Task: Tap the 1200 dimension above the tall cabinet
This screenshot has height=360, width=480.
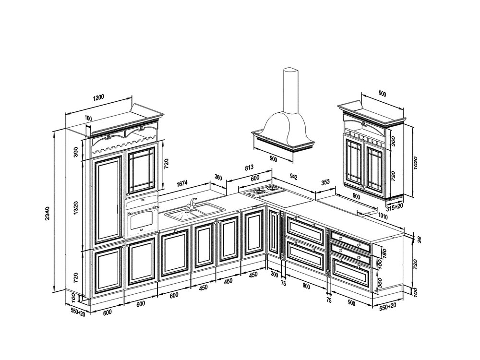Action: click(98, 97)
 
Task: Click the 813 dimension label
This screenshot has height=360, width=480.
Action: click(249, 168)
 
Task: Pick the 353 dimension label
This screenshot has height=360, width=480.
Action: click(325, 182)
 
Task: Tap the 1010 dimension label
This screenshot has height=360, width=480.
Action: click(383, 217)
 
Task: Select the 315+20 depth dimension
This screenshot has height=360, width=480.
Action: click(394, 207)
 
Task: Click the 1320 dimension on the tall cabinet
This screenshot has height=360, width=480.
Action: click(76, 207)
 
